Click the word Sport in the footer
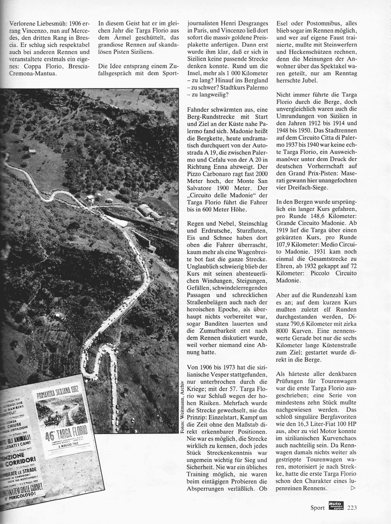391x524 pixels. coord(317,507)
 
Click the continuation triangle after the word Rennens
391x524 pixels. coord(353,488)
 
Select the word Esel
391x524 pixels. coord(285,23)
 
